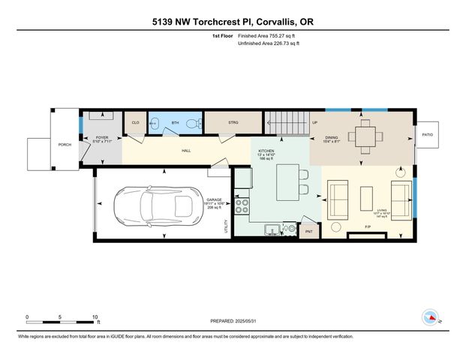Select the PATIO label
point(427,135)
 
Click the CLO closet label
point(136,122)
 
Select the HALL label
point(185,151)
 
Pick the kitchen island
point(287,184)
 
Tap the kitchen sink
point(272,229)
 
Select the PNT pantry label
point(308,232)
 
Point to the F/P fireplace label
point(368,226)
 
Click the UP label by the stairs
point(314,122)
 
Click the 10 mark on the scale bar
point(95,317)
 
